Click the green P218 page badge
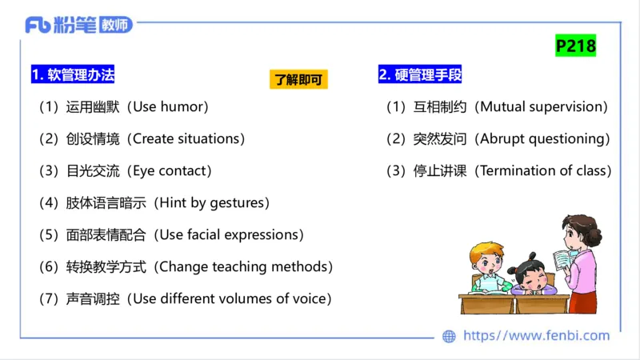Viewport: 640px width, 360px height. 576,46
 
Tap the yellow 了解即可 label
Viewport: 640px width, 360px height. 299,79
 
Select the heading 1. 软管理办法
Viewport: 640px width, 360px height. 73,75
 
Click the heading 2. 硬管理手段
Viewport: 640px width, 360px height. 420,75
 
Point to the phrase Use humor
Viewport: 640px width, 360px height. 172,107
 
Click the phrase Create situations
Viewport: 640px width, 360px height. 189,139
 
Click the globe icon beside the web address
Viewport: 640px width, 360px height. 450,336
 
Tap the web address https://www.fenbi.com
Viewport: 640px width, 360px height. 536,336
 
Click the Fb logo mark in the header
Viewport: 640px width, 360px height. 38,25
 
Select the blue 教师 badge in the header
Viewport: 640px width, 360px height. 115,25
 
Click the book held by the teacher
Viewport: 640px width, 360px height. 565,259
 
